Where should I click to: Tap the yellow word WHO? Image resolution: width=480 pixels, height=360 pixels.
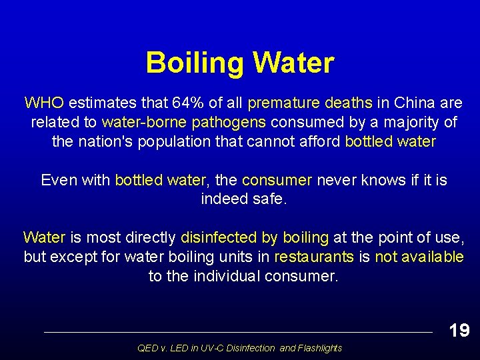tap(44, 103)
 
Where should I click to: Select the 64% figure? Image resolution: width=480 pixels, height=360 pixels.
tap(187, 103)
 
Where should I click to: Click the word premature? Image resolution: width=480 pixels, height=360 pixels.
tap(283, 103)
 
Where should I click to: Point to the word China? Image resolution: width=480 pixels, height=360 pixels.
tap(415, 103)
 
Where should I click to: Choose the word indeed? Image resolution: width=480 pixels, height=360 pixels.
tap(221, 199)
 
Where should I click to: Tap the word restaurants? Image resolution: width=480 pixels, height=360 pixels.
tap(314, 257)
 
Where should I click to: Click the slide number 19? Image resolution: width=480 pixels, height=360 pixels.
tap(459, 330)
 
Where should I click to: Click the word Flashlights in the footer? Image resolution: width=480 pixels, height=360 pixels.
tap(320, 348)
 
